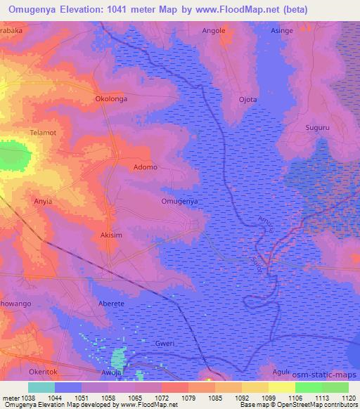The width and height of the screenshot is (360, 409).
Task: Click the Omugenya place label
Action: [179, 201]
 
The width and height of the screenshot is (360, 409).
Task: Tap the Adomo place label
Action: [146, 167]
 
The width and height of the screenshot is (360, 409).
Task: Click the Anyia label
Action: [44, 201]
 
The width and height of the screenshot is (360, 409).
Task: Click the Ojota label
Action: [248, 99]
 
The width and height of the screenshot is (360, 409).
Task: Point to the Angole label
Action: [214, 31]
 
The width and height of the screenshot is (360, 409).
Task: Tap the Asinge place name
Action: [282, 31]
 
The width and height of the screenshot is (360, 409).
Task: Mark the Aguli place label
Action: [281, 372]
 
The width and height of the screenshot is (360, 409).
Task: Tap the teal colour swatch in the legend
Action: [41, 387]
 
